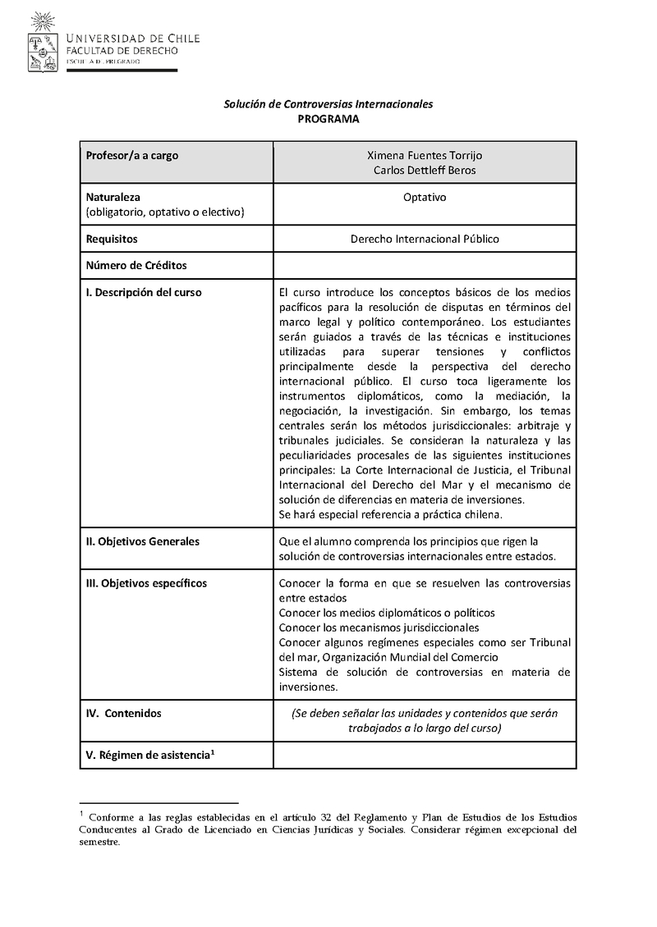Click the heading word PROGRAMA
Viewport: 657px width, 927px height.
(328, 119)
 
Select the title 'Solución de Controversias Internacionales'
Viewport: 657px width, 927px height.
(328, 104)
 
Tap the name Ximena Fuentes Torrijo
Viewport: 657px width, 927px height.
(424, 155)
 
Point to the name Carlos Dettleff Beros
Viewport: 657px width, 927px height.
(424, 170)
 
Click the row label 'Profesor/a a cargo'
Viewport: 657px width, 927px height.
(132, 155)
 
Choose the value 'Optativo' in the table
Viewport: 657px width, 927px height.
(424, 198)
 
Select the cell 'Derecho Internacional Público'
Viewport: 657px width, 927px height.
(424, 239)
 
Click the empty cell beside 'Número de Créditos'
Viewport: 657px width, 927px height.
(424, 266)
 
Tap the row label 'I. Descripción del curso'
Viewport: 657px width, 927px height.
(144, 292)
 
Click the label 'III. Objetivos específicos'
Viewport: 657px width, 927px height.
(146, 583)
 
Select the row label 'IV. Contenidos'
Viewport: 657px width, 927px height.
(124, 713)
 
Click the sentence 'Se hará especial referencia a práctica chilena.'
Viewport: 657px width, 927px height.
(390, 514)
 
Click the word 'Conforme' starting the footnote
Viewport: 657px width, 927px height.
(114, 817)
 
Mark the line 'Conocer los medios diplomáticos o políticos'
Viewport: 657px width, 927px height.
(387, 613)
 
